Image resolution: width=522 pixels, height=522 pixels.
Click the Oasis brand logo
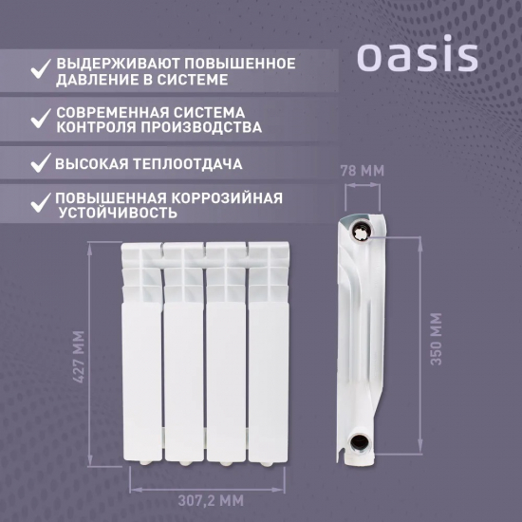point(417,56)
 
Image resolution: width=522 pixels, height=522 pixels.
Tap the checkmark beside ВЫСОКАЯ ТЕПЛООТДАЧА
point(40,163)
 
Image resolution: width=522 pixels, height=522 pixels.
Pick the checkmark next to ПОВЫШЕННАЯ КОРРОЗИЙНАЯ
point(40,202)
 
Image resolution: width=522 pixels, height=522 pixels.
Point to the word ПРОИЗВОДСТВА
point(198,126)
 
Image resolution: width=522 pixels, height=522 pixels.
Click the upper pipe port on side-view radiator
point(362,231)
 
